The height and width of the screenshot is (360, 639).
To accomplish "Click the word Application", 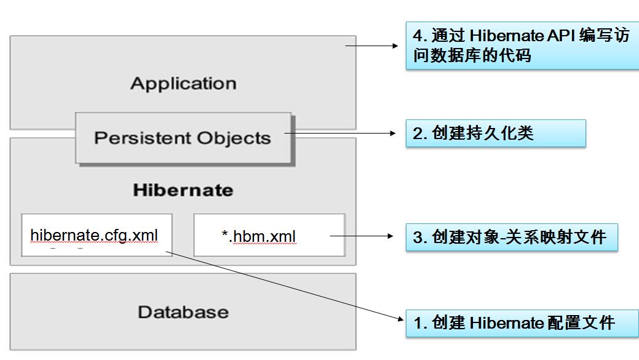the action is [183, 84].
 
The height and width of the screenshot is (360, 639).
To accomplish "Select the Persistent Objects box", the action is [183, 138].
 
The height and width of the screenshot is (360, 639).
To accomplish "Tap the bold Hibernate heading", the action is [183, 190].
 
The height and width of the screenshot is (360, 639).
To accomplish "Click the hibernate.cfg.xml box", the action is [97, 235].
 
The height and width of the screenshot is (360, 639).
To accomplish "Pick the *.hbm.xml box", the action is [269, 235].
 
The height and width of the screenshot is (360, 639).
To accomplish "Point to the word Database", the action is [183, 312].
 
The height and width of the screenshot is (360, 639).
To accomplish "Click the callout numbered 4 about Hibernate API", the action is [522, 46].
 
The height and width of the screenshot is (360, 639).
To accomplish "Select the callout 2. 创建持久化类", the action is [496, 134].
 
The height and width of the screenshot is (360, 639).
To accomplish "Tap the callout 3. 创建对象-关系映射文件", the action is [512, 237].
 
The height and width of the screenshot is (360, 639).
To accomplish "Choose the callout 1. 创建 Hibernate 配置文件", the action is [522, 323].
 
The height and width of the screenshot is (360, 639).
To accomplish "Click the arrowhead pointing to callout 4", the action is [395, 46].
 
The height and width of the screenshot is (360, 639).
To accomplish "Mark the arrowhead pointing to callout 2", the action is [393, 134].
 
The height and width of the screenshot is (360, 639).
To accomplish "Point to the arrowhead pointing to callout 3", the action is [391, 236].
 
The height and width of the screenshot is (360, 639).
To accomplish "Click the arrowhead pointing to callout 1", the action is [400, 319].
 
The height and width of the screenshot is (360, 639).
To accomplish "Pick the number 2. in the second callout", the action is [420, 134].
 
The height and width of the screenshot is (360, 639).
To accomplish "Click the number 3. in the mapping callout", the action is [420, 237].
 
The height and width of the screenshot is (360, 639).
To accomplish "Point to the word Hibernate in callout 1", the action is [507, 323].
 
